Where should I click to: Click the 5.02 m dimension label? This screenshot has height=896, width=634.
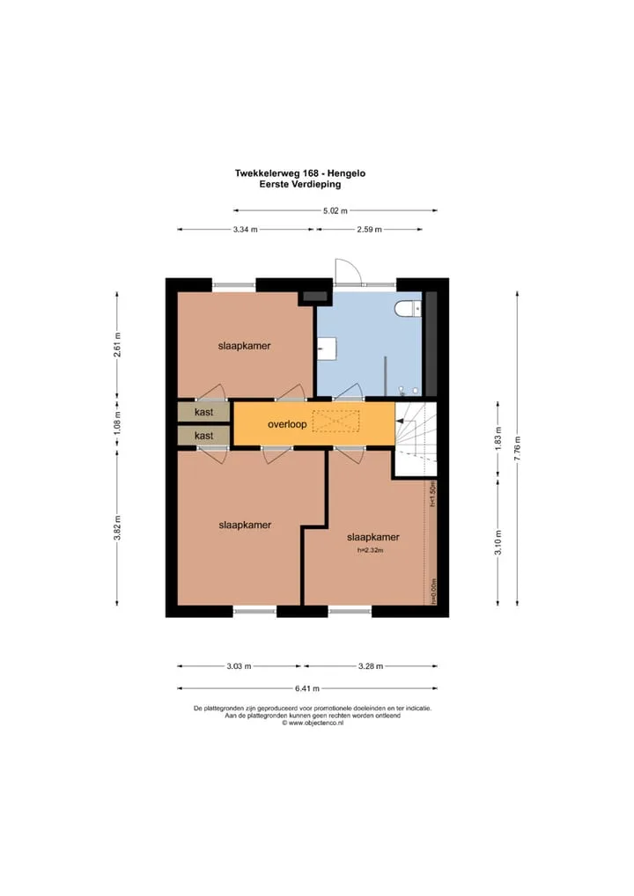335,210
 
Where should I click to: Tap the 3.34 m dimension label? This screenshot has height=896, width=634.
246,229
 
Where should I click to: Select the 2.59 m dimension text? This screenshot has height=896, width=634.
369,229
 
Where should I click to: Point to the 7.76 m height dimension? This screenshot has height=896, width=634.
517,449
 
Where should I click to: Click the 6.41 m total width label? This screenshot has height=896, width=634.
307,688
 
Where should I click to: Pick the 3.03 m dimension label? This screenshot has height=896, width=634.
239,665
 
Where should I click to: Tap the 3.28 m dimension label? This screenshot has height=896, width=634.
371,665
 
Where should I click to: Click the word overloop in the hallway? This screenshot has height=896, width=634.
287,424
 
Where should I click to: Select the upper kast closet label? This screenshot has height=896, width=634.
203,411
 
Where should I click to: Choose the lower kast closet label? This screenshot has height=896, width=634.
203,436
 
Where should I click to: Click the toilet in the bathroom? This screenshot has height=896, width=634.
409,309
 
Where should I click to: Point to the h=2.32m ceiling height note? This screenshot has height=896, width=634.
371,550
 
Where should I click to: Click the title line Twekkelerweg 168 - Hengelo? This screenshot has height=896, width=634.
300,173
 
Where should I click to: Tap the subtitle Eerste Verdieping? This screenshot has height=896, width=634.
300,184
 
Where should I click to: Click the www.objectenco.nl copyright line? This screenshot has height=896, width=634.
313,723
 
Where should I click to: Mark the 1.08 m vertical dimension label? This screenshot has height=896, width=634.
116,422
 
